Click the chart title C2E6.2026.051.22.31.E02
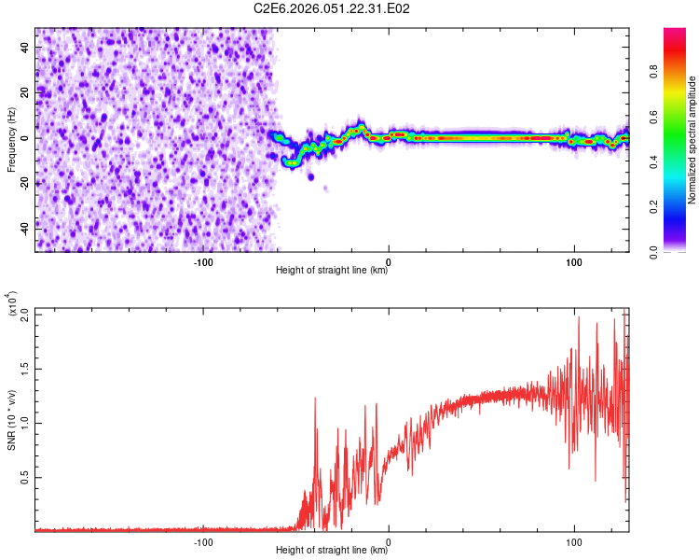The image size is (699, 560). (x=333, y=8)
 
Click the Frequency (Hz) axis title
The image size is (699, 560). (x=11, y=138)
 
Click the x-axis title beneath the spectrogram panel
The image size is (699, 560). (x=333, y=272)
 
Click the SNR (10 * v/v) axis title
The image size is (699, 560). (x=11, y=419)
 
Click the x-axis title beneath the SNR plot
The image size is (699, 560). (x=333, y=552)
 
